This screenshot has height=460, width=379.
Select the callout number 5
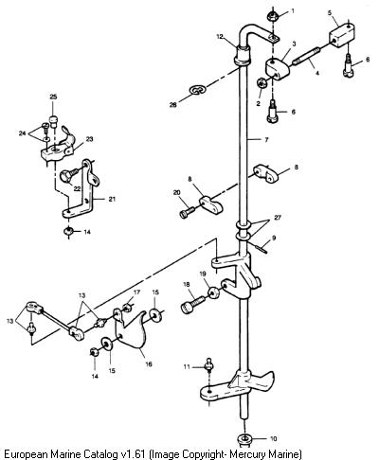330,13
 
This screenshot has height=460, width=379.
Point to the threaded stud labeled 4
307,57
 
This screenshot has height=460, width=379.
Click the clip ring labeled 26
198,89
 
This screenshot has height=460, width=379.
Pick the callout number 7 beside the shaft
266,139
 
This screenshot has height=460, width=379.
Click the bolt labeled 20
188,212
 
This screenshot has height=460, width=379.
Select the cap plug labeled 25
54,122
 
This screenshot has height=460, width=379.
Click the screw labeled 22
69,174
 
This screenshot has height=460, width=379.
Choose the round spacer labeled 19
213,292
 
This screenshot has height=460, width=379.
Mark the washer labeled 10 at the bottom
244,439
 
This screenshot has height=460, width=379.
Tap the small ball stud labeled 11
208,365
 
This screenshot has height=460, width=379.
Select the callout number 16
149,363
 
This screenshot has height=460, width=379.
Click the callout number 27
278,218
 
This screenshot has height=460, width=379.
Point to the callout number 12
220,37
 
